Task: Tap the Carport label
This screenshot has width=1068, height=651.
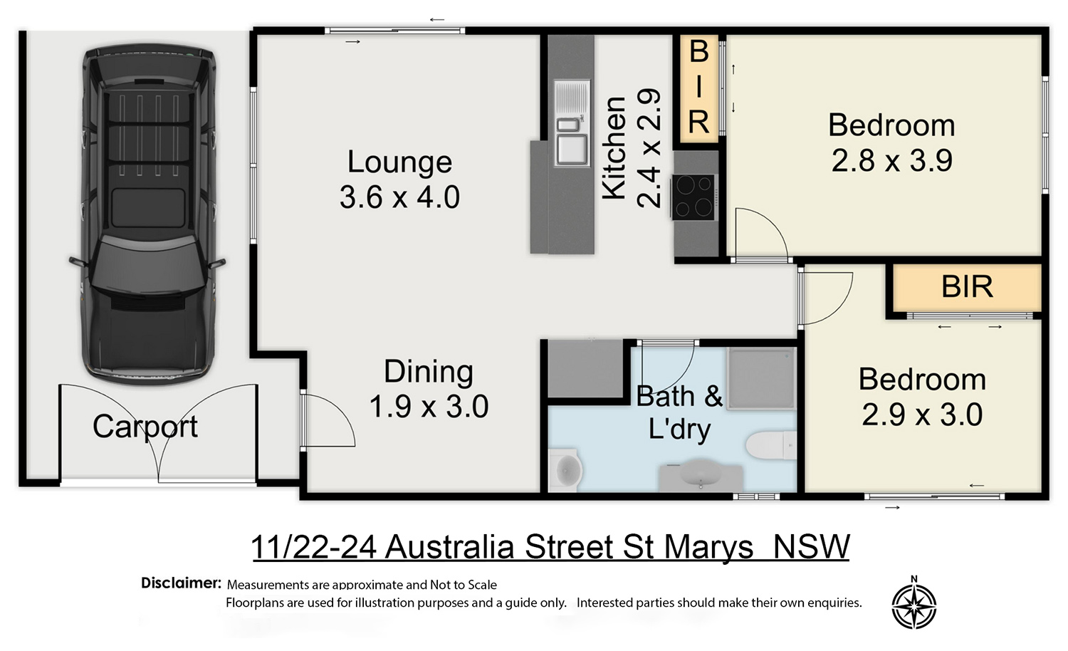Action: [x=145, y=427]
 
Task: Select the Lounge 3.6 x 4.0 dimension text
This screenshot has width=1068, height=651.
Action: [x=399, y=197]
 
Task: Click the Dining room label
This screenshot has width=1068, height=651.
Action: [x=429, y=372]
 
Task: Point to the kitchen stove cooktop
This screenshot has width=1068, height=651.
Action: [x=693, y=197]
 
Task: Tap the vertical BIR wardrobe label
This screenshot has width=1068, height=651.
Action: [x=698, y=88]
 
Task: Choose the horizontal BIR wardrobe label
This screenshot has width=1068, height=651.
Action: [x=967, y=286]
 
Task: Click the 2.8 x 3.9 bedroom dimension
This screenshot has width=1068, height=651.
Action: [x=892, y=160]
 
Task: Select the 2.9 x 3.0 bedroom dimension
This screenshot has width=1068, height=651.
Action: [x=922, y=415]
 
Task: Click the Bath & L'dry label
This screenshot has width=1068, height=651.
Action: [x=679, y=412]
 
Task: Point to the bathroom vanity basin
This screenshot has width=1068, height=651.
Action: [x=701, y=473]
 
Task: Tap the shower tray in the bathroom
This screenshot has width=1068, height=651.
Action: [x=761, y=379]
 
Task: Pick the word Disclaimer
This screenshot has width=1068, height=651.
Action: [x=181, y=583]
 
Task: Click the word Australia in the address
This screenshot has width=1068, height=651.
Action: [x=449, y=547]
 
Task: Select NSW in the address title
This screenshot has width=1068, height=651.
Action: [x=812, y=547]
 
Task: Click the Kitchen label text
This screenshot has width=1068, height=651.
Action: [x=614, y=148]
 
